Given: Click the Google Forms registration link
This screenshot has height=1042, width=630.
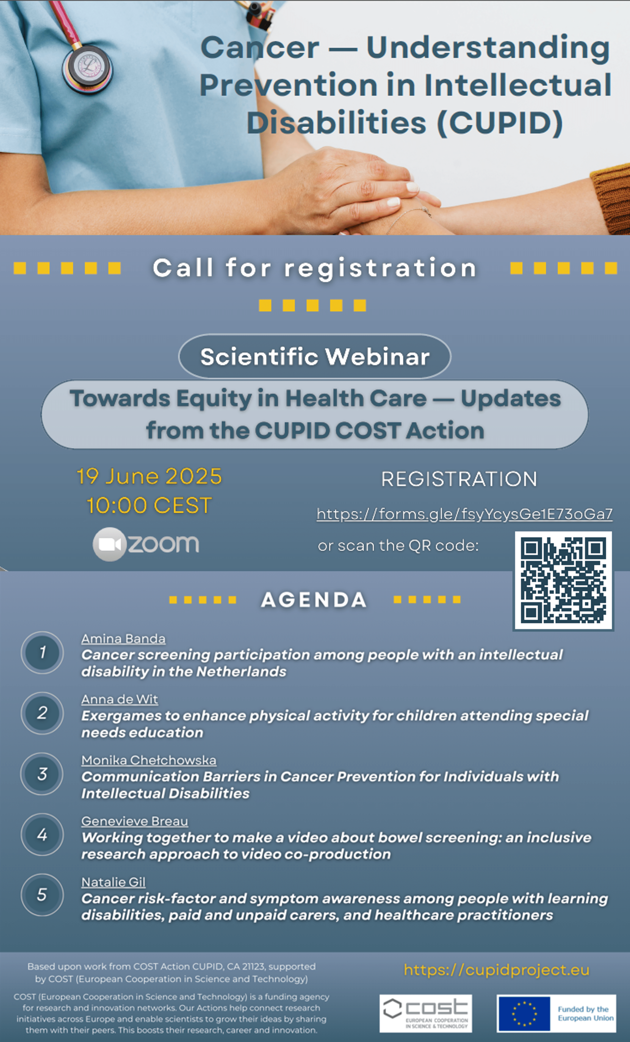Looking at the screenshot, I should click(464, 514).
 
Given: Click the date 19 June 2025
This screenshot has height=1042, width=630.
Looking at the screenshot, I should click(149, 476).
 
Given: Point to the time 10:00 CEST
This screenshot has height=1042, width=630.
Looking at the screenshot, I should click(149, 505).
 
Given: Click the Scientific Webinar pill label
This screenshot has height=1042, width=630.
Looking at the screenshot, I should click(315, 356).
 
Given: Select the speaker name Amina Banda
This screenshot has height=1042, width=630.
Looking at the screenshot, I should click(123, 639).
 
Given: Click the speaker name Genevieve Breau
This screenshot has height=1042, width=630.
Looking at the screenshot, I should click(134, 821).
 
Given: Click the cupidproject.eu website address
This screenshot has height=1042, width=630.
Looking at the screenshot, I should click(496, 970).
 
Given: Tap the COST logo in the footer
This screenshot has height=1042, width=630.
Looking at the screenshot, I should click(425, 1013).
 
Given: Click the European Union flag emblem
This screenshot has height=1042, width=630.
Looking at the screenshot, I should click(524, 1013).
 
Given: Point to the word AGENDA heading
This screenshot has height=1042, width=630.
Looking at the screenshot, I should click(314, 600).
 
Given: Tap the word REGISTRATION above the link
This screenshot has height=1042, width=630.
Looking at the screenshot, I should click(459, 479).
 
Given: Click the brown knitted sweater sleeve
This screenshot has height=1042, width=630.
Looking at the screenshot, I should click(612, 192).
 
